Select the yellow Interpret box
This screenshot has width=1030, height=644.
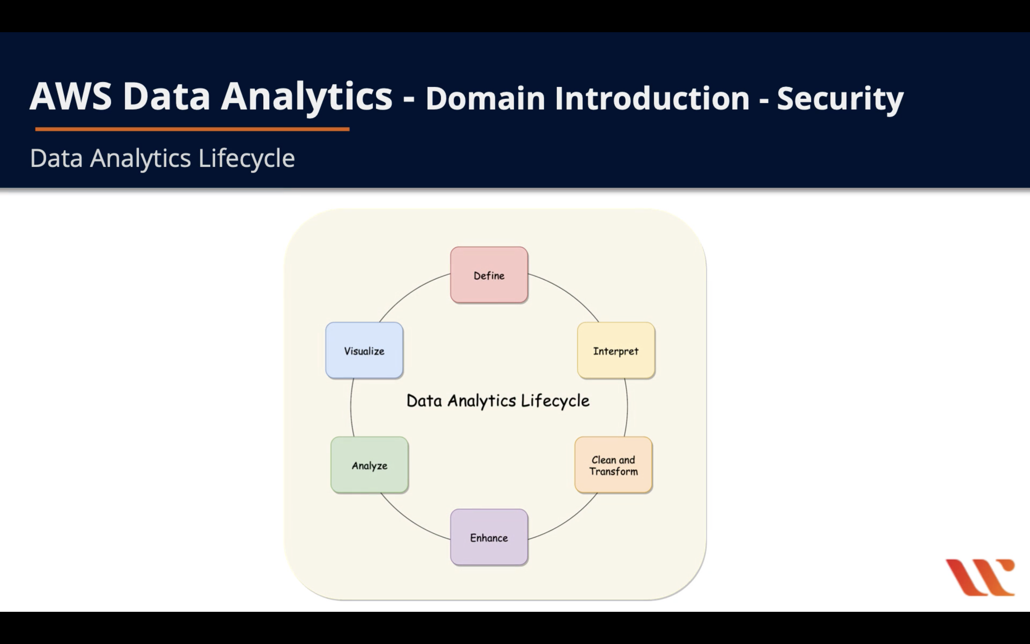[616, 350]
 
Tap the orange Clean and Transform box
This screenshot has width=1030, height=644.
[613, 465]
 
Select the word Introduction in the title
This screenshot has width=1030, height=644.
[652, 98]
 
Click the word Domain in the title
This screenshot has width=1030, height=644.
[485, 98]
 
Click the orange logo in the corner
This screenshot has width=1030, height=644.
[980, 577]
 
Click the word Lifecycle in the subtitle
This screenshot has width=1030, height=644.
[246, 158]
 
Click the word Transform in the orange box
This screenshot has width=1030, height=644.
[613, 471]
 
